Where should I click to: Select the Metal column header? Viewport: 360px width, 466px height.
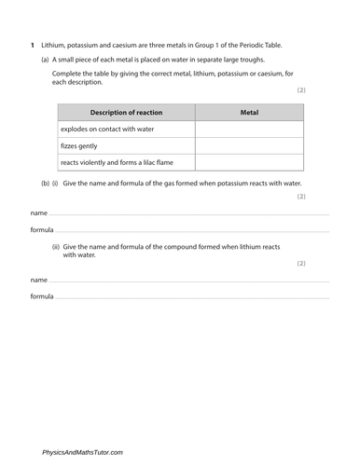[248, 113]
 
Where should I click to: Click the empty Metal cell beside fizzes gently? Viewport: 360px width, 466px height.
[248, 145]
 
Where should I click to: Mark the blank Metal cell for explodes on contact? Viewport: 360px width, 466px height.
[248, 130]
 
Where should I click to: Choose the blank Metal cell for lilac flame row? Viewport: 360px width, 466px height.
[248, 162]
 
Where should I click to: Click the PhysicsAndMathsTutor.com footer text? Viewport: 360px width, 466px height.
[82, 452]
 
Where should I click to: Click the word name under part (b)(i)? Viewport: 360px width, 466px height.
[38, 213]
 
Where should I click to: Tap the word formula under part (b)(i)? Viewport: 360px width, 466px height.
[41, 229]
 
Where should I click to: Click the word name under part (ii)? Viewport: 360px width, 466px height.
[38, 280]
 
